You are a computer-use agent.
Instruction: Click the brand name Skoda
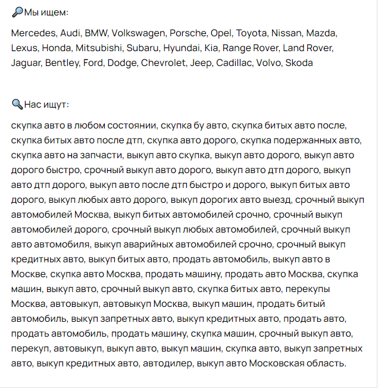click(299, 62)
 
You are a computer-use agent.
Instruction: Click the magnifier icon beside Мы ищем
click(17, 12)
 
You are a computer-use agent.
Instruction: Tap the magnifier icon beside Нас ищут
click(17, 105)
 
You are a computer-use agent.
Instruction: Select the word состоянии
click(133, 126)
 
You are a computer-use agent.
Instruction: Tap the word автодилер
click(168, 363)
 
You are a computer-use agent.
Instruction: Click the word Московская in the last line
click(279, 363)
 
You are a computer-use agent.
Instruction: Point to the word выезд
click(276, 200)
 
